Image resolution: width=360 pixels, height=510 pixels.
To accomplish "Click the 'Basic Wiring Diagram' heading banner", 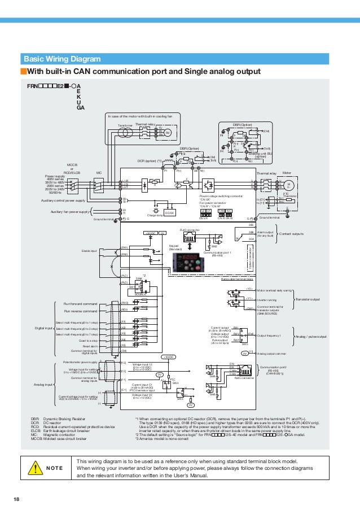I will (62, 59).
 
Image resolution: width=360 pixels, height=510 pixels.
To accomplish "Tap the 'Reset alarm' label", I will (91, 345).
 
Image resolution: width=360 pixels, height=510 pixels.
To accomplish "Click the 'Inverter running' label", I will (268, 300).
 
